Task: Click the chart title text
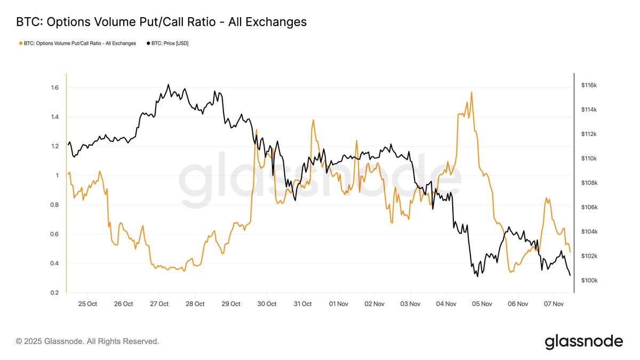click(x=161, y=22)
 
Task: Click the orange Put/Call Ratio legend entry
click(x=77, y=43)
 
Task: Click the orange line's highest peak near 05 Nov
click(x=471, y=92)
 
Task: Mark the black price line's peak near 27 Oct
click(x=169, y=84)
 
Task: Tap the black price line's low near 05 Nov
click(x=476, y=276)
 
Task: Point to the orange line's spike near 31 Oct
click(x=313, y=120)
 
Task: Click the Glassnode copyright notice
click(x=87, y=341)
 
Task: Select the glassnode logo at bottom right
click(x=583, y=341)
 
